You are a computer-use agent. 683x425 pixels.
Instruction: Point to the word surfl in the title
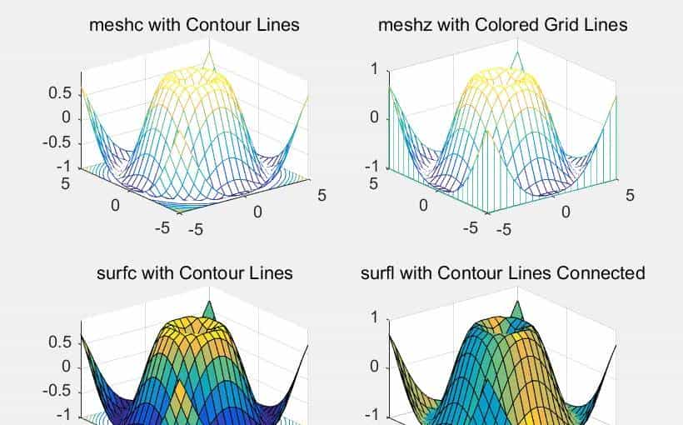[x=380, y=272]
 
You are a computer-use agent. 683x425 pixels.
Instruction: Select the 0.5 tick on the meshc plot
[x=60, y=93]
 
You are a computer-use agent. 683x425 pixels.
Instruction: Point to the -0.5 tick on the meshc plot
[x=57, y=142]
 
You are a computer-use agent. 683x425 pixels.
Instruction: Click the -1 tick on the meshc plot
[x=63, y=166]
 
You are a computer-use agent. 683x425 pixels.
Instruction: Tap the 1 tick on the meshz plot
[x=376, y=69]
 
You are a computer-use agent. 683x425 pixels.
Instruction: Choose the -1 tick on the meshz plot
[x=372, y=166]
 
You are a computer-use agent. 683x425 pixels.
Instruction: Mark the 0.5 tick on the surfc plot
[x=60, y=342]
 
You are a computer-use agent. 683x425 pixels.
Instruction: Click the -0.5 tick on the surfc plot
[x=57, y=391]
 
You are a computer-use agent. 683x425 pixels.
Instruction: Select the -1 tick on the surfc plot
[x=63, y=415]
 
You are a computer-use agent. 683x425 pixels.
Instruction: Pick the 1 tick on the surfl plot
[x=376, y=317]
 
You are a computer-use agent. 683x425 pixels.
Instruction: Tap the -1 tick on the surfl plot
[x=372, y=415]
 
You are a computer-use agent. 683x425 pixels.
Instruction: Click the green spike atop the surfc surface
[x=209, y=311]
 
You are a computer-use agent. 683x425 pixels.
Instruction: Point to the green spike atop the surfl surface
[x=517, y=311]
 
